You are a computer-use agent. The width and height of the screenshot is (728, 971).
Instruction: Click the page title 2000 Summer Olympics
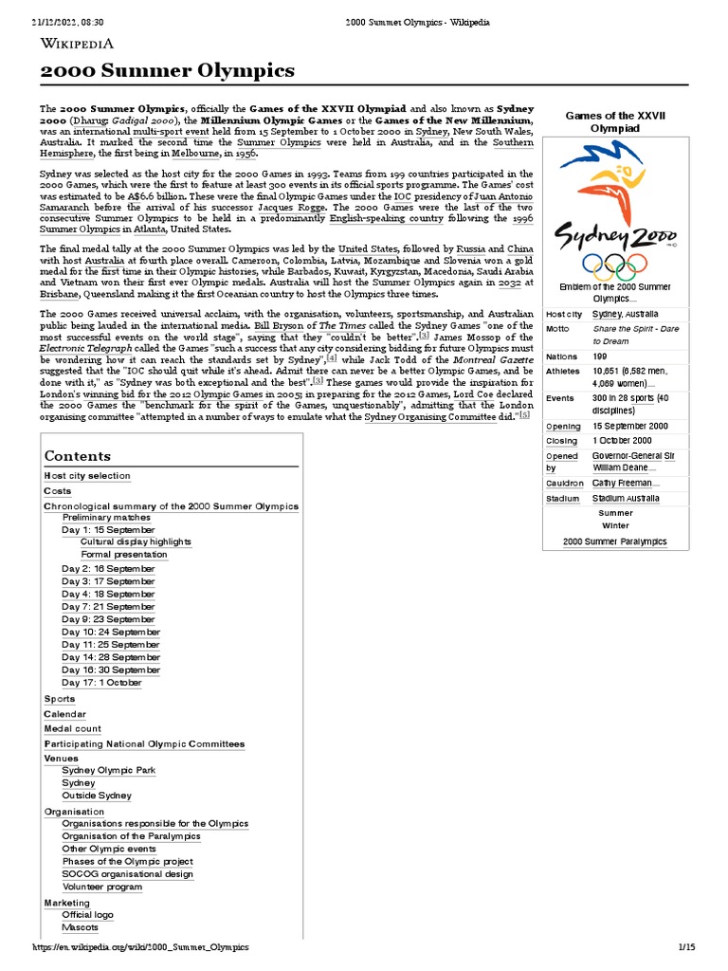pyautogui.click(x=167, y=71)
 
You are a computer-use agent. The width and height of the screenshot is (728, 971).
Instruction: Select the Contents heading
pyautogui.click(x=78, y=456)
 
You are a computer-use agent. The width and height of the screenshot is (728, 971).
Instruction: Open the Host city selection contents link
pyautogui.click(x=87, y=476)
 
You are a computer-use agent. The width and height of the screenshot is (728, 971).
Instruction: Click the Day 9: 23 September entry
pyautogui.click(x=108, y=619)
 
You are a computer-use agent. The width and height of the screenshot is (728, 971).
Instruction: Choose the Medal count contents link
pyautogui.click(x=73, y=729)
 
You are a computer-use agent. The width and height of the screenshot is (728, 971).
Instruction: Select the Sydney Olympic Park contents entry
pyautogui.click(x=109, y=771)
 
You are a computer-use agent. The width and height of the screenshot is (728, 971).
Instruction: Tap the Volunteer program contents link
pyautogui.click(x=102, y=888)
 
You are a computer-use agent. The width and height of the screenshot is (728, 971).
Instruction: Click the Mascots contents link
pyautogui.click(x=81, y=927)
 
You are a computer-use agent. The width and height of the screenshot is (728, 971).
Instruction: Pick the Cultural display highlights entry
pyautogui.click(x=136, y=542)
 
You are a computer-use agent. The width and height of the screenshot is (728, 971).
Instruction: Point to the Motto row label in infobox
pyautogui.click(x=558, y=329)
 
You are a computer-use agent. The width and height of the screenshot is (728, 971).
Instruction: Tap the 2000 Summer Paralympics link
pyautogui.click(x=614, y=541)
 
